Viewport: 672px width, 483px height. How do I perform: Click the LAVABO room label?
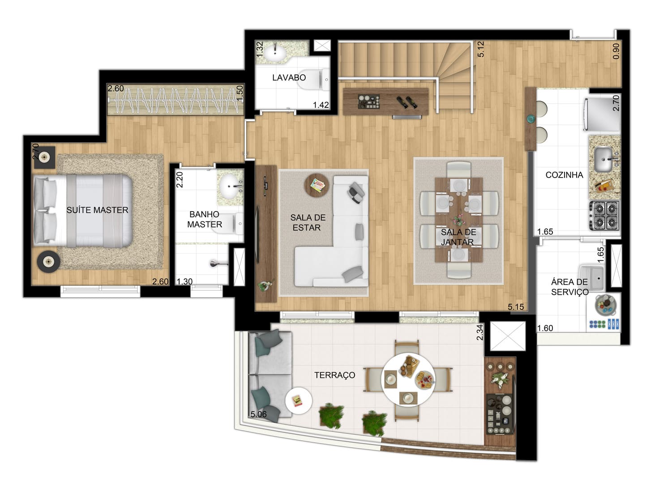(x=289, y=78)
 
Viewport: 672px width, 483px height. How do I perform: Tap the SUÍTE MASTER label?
(x=97, y=210)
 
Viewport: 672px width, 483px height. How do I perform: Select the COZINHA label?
(x=564, y=175)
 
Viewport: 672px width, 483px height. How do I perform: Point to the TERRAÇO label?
(x=334, y=375)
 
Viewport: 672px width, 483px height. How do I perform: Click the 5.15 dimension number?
(x=516, y=307)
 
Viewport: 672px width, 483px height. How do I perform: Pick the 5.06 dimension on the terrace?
(x=258, y=414)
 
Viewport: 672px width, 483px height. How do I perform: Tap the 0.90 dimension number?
(x=616, y=51)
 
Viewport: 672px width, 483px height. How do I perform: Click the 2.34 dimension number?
(x=479, y=332)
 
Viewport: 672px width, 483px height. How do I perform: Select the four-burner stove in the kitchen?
(x=604, y=216)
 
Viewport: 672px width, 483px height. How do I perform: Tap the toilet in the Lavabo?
(x=314, y=79)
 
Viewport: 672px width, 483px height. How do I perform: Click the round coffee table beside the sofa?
(x=317, y=185)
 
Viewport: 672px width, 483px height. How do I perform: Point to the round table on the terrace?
(x=408, y=379)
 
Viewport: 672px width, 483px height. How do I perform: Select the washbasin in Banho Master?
(x=231, y=186)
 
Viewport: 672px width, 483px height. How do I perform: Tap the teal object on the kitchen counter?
(x=531, y=119)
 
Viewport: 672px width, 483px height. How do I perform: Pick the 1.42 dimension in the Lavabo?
(x=321, y=105)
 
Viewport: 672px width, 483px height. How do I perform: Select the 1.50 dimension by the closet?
(x=240, y=93)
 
